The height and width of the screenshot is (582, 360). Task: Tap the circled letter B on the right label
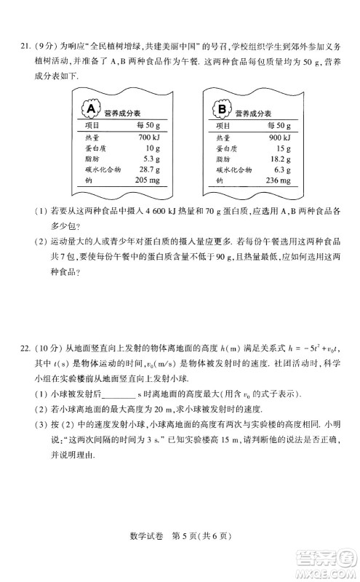coord(222,110)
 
